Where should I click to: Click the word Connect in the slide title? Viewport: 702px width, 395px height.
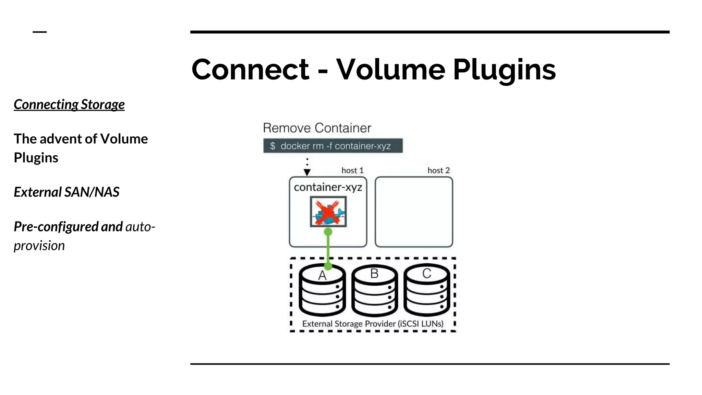[250, 70]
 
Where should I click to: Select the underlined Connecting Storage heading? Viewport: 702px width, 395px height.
[69, 105]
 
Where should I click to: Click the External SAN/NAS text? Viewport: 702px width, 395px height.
[66, 192]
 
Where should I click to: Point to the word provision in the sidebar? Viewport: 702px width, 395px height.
[39, 246]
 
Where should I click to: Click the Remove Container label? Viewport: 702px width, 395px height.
[317, 128]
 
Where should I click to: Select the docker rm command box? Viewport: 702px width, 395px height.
[333, 146]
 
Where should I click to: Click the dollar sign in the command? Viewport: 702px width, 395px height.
[273, 146]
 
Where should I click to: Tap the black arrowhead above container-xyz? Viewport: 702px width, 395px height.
[307, 172]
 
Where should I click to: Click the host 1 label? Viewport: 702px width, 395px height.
[352, 170]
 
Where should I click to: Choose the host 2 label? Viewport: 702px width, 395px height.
[438, 170]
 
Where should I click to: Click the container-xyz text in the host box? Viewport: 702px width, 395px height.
[328, 187]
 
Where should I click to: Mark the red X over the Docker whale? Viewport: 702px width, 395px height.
[328, 212]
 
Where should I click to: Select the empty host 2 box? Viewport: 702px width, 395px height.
[414, 212]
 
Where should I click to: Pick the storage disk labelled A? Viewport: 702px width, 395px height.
[322, 291]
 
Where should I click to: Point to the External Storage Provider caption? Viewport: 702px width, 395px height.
[373, 324]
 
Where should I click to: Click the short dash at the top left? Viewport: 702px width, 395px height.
[40, 32]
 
